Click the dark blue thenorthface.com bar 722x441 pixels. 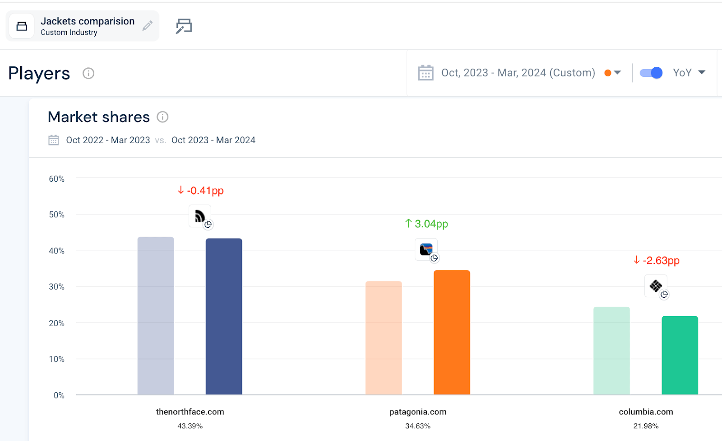pyautogui.click(x=224, y=316)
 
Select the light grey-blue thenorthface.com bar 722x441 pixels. pyautogui.click(x=156, y=316)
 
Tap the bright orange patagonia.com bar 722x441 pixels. pyautogui.click(x=452, y=332)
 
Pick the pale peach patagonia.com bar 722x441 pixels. pyautogui.click(x=384, y=338)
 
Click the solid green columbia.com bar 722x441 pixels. pyautogui.click(x=680, y=355)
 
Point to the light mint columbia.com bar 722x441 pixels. pyautogui.click(x=611, y=351)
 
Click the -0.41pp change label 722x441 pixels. pyautogui.click(x=200, y=191)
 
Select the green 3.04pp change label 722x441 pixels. pyautogui.click(x=426, y=223)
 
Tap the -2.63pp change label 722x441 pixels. pyautogui.click(x=656, y=260)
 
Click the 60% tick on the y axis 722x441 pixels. pyautogui.click(x=57, y=179)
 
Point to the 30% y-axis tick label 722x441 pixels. pyautogui.click(x=57, y=286)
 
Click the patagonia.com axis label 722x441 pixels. pyautogui.click(x=418, y=412)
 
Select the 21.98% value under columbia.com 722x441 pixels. pyautogui.click(x=646, y=426)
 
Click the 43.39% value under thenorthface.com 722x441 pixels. pyautogui.click(x=190, y=426)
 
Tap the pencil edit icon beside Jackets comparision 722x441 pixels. pyautogui.click(x=148, y=25)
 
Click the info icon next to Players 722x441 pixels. pyautogui.click(x=88, y=73)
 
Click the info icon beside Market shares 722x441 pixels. pyautogui.click(x=162, y=117)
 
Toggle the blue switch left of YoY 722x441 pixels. pyautogui.click(x=651, y=73)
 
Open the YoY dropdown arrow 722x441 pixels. pyautogui.click(x=702, y=73)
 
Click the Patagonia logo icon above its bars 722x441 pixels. pyautogui.click(x=426, y=249)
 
